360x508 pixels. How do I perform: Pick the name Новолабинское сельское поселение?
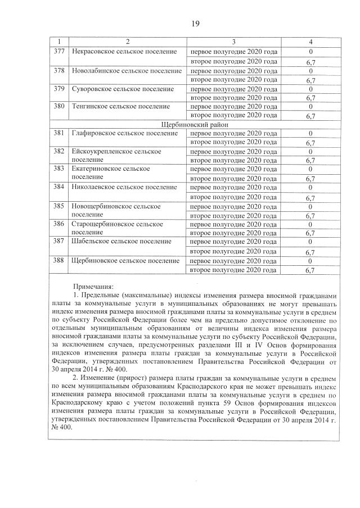coord(127,71)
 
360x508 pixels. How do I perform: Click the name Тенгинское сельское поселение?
coord(121,106)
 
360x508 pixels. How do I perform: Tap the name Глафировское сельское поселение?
coord(125,133)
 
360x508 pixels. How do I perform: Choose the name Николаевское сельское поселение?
coord(125,187)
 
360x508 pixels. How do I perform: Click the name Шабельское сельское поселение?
coord(121,241)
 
